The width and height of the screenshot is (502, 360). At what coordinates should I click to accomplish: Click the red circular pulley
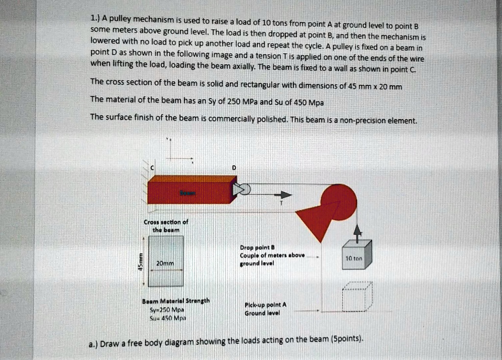click(x=339, y=201)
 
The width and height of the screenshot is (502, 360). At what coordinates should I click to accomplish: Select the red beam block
click(x=190, y=190)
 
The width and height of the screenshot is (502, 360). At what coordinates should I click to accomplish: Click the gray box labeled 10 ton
click(x=357, y=255)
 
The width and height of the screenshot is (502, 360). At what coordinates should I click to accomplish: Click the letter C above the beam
click(x=152, y=168)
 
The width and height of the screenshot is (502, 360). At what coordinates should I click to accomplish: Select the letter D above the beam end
click(x=234, y=168)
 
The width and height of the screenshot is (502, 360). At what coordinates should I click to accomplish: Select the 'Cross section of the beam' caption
click(x=166, y=226)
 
